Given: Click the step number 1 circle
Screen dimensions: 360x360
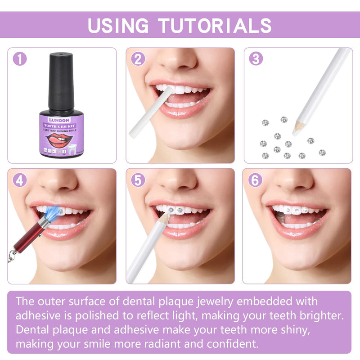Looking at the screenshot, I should [x=20, y=59].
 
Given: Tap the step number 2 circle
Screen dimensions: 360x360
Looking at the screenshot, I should [x=138, y=59].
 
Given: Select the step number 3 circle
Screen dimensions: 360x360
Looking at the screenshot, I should [x=256, y=59].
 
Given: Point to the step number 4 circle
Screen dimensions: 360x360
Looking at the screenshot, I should [x=20, y=180].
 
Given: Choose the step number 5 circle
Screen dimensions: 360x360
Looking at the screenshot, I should [x=138, y=180].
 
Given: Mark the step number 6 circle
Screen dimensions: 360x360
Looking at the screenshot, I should [x=256, y=180].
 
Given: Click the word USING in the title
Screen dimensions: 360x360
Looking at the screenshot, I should [x=118, y=25].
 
